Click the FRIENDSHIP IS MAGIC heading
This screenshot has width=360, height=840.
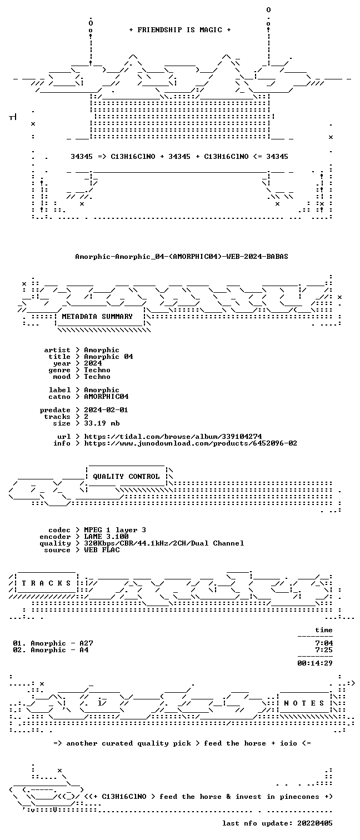[x=179, y=30]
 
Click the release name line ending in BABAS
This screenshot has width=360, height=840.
[x=182, y=257]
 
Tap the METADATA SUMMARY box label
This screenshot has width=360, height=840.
[x=97, y=317]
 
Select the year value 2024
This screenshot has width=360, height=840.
[x=93, y=363]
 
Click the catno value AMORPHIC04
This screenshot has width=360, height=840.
[x=106, y=397]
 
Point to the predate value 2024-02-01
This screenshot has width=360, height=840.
[x=106, y=410]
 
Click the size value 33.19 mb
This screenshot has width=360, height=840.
[x=102, y=423]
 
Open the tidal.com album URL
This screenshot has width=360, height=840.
[x=173, y=437]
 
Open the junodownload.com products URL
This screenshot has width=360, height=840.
[x=191, y=444]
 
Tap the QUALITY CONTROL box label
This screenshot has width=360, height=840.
[x=126, y=477]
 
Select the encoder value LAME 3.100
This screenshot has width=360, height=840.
[x=106, y=537]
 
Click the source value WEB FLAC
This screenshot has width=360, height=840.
[x=102, y=550]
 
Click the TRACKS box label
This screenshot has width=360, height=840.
[x=46, y=583]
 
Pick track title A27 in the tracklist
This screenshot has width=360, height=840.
[x=86, y=643]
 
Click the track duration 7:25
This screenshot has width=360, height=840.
[x=324, y=650]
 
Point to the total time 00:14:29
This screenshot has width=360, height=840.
[x=315, y=663]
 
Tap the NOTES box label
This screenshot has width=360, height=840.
[x=304, y=703]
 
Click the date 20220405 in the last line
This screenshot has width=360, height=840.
[x=315, y=823]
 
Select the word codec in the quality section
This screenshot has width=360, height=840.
[x=59, y=530]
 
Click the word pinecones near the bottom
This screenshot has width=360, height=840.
[x=299, y=797]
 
